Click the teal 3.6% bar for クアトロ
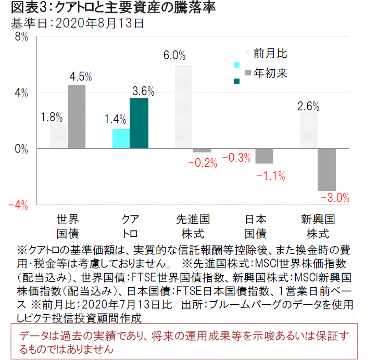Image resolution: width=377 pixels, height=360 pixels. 139,123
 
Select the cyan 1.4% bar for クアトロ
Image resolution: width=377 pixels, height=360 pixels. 121,139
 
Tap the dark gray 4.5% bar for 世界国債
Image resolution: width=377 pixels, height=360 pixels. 77,117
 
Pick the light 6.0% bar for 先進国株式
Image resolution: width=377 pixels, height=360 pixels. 183,107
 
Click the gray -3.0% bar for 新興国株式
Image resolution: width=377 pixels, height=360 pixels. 327,170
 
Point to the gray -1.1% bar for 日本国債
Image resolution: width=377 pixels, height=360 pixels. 264,156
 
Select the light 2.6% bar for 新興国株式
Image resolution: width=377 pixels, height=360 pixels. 309,131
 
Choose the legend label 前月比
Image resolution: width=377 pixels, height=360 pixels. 270,53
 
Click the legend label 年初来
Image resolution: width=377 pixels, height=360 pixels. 270,73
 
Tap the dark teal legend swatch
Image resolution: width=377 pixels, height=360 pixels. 237,81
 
